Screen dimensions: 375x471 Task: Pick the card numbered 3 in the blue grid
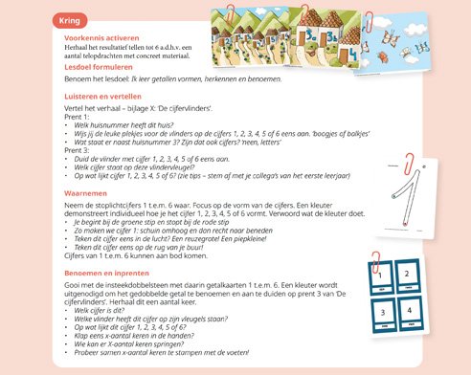tap(380, 311)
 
